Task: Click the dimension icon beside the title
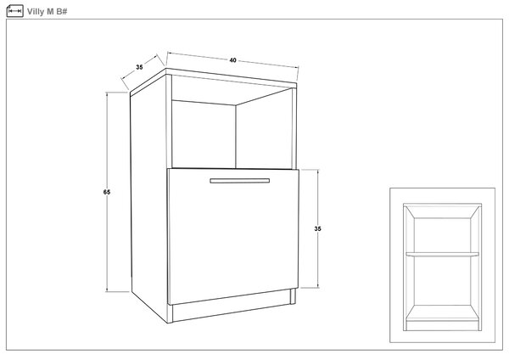click(x=14, y=11)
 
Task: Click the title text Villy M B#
click(x=47, y=12)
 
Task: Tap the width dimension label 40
click(x=232, y=60)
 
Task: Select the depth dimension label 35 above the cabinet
click(x=139, y=67)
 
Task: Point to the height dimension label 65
click(x=107, y=192)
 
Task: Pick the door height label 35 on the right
click(x=317, y=228)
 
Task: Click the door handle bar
click(x=239, y=181)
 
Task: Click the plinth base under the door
click(x=231, y=309)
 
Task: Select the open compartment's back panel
click(x=204, y=134)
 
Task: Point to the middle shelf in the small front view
click(x=442, y=255)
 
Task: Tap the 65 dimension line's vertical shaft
click(x=107, y=192)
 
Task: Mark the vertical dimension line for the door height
click(x=318, y=228)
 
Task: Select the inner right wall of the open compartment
click(x=264, y=129)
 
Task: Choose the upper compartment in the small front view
click(x=442, y=235)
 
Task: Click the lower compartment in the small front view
click(x=442, y=281)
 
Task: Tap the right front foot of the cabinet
click(x=294, y=296)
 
